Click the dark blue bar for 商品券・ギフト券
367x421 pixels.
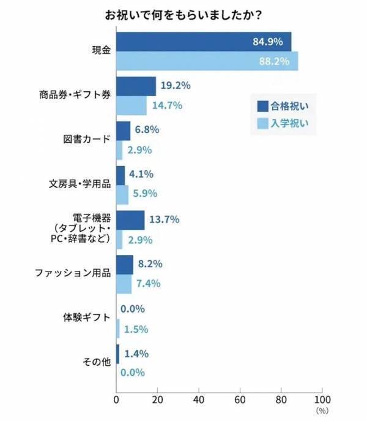(x=136, y=86)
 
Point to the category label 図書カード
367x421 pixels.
(x=87, y=139)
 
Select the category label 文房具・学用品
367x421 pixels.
(x=80, y=184)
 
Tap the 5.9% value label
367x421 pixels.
(x=146, y=194)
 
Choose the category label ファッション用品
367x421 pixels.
(x=72, y=273)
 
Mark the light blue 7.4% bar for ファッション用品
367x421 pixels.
(x=124, y=283)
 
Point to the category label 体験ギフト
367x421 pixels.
(x=87, y=318)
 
